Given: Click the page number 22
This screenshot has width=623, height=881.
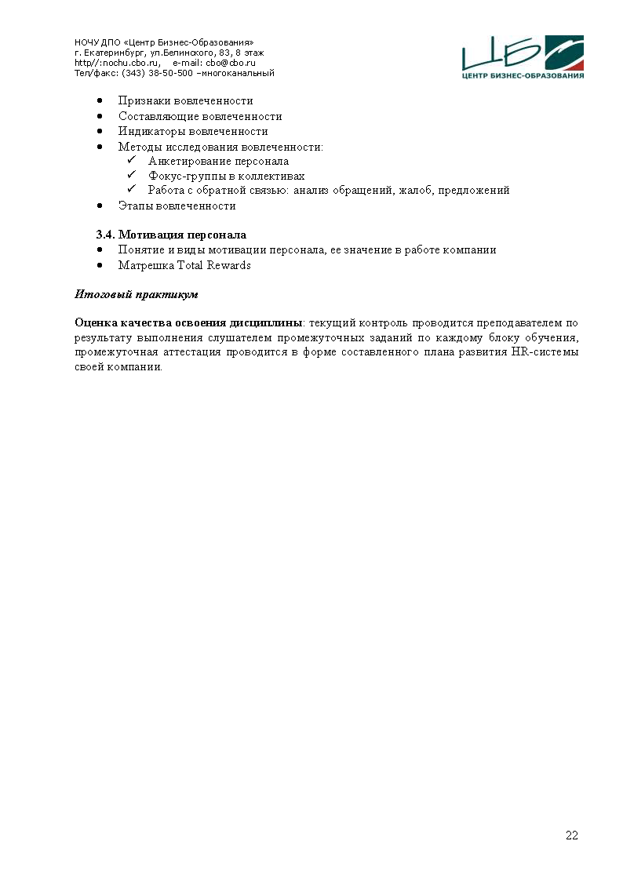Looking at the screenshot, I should pos(572,835).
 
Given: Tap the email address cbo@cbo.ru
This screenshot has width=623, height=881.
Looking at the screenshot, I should pos(231,63).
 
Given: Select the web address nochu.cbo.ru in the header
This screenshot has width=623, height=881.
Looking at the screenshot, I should pos(117,63).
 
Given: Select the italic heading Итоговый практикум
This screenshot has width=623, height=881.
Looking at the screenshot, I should pos(136,295).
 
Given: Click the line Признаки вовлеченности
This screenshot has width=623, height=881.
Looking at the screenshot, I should pos(185,100).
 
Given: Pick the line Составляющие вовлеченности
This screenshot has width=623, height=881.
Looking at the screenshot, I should pos(199,116).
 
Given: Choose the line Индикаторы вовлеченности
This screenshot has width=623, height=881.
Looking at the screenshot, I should pos(193,131).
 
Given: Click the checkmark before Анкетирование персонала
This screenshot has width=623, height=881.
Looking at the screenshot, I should pos(132,161).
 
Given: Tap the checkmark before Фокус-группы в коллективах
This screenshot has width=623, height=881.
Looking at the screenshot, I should pos(132,176).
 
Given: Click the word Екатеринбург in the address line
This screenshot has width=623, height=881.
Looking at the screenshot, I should pos(107,53).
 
